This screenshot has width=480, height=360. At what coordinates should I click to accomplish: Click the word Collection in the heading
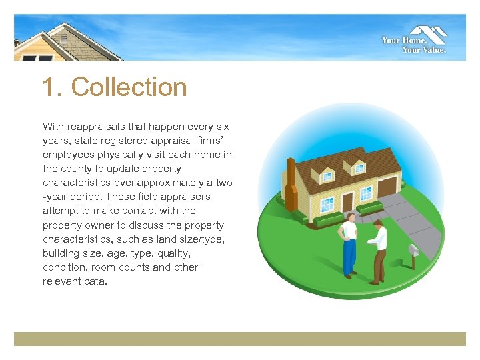(x=129, y=87)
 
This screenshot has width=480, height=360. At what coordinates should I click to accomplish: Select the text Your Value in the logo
(x=424, y=49)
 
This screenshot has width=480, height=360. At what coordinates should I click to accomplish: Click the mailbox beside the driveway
(x=413, y=251)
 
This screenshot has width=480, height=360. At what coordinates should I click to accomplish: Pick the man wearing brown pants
(x=377, y=250)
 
